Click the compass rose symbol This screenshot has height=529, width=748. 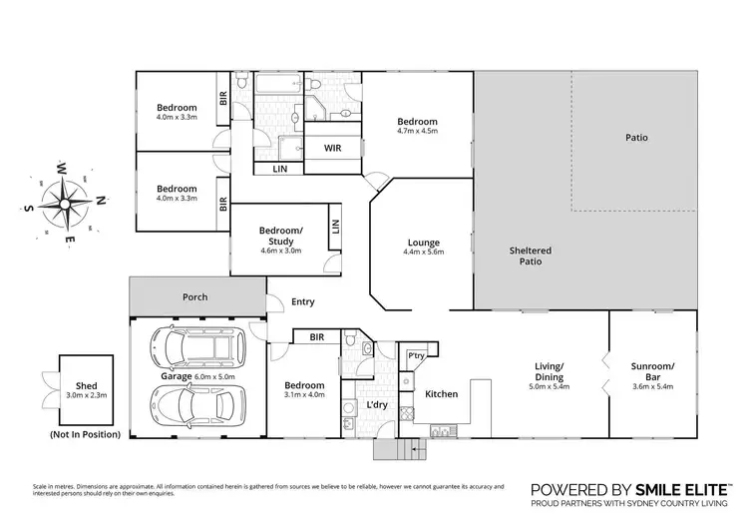pos(65,203)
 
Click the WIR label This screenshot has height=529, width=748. pos(332,148)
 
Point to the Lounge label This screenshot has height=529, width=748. pos(424,243)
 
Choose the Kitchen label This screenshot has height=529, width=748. pos(441,394)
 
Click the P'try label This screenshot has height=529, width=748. pos(414,355)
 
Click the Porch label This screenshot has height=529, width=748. pos(194,297)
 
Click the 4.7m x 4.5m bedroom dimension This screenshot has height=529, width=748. pos(417,133)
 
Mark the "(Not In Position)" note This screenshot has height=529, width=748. pos(84,434)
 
